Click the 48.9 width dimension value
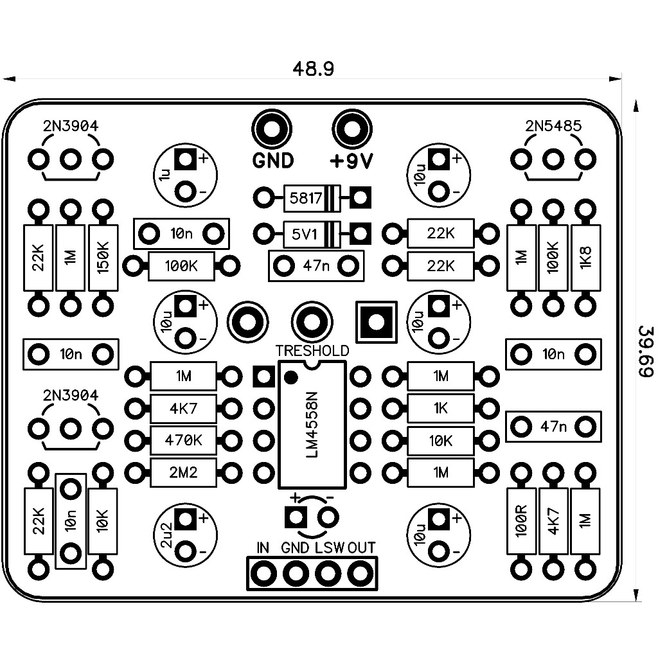(313, 69)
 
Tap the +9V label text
(351, 161)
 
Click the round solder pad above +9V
(351, 129)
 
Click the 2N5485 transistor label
(553, 127)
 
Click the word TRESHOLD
(312, 351)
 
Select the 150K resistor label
(103, 257)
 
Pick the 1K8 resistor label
(585, 257)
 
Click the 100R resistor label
(521, 520)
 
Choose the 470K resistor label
(183, 441)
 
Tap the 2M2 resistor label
(183, 474)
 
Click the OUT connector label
(362, 548)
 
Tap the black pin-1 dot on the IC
(291, 377)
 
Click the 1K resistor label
(441, 407)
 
